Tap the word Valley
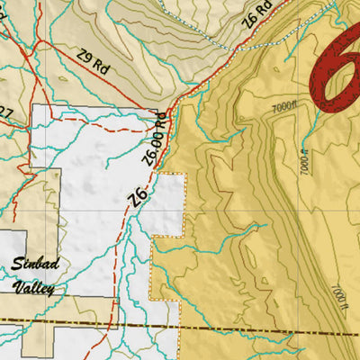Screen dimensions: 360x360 (x=34, y=288)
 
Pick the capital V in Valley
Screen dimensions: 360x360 (x=17, y=288)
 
